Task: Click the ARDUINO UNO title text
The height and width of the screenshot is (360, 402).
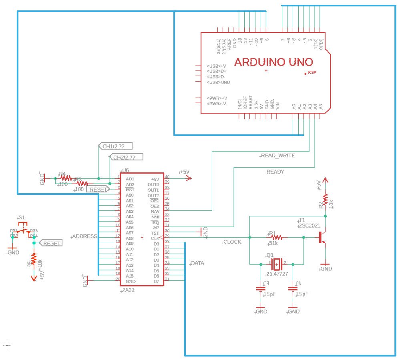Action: pyautogui.click(x=273, y=62)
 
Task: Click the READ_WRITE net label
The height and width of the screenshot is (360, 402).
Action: pyautogui.click(x=278, y=155)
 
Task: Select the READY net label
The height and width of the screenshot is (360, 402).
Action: pyautogui.click(x=275, y=172)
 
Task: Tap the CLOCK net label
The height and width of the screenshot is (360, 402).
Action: pyautogui.click(x=232, y=242)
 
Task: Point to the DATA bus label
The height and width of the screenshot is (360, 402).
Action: pyautogui.click(x=197, y=264)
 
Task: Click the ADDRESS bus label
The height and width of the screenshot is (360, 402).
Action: pyautogui.click(x=84, y=236)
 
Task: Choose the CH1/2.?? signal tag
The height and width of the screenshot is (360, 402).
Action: pyautogui.click(x=116, y=146)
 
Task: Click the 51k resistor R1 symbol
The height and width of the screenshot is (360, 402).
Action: pyautogui.click(x=276, y=237)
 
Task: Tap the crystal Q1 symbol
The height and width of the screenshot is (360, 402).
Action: pyautogui.click(x=277, y=264)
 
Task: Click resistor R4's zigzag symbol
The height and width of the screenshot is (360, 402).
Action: pyautogui.click(x=66, y=178)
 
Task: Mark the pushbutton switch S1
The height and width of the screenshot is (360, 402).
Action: pyautogui.click(x=24, y=230)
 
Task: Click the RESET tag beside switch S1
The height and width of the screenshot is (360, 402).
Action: pyautogui.click(x=52, y=243)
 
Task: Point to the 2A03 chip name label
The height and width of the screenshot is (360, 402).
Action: pyautogui.click(x=129, y=290)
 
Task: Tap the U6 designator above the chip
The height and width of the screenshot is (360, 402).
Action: pyautogui.click(x=126, y=170)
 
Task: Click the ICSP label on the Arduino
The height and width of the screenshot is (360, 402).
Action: pyautogui.click(x=312, y=72)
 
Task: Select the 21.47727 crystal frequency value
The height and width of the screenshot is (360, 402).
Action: pyautogui.click(x=277, y=274)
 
